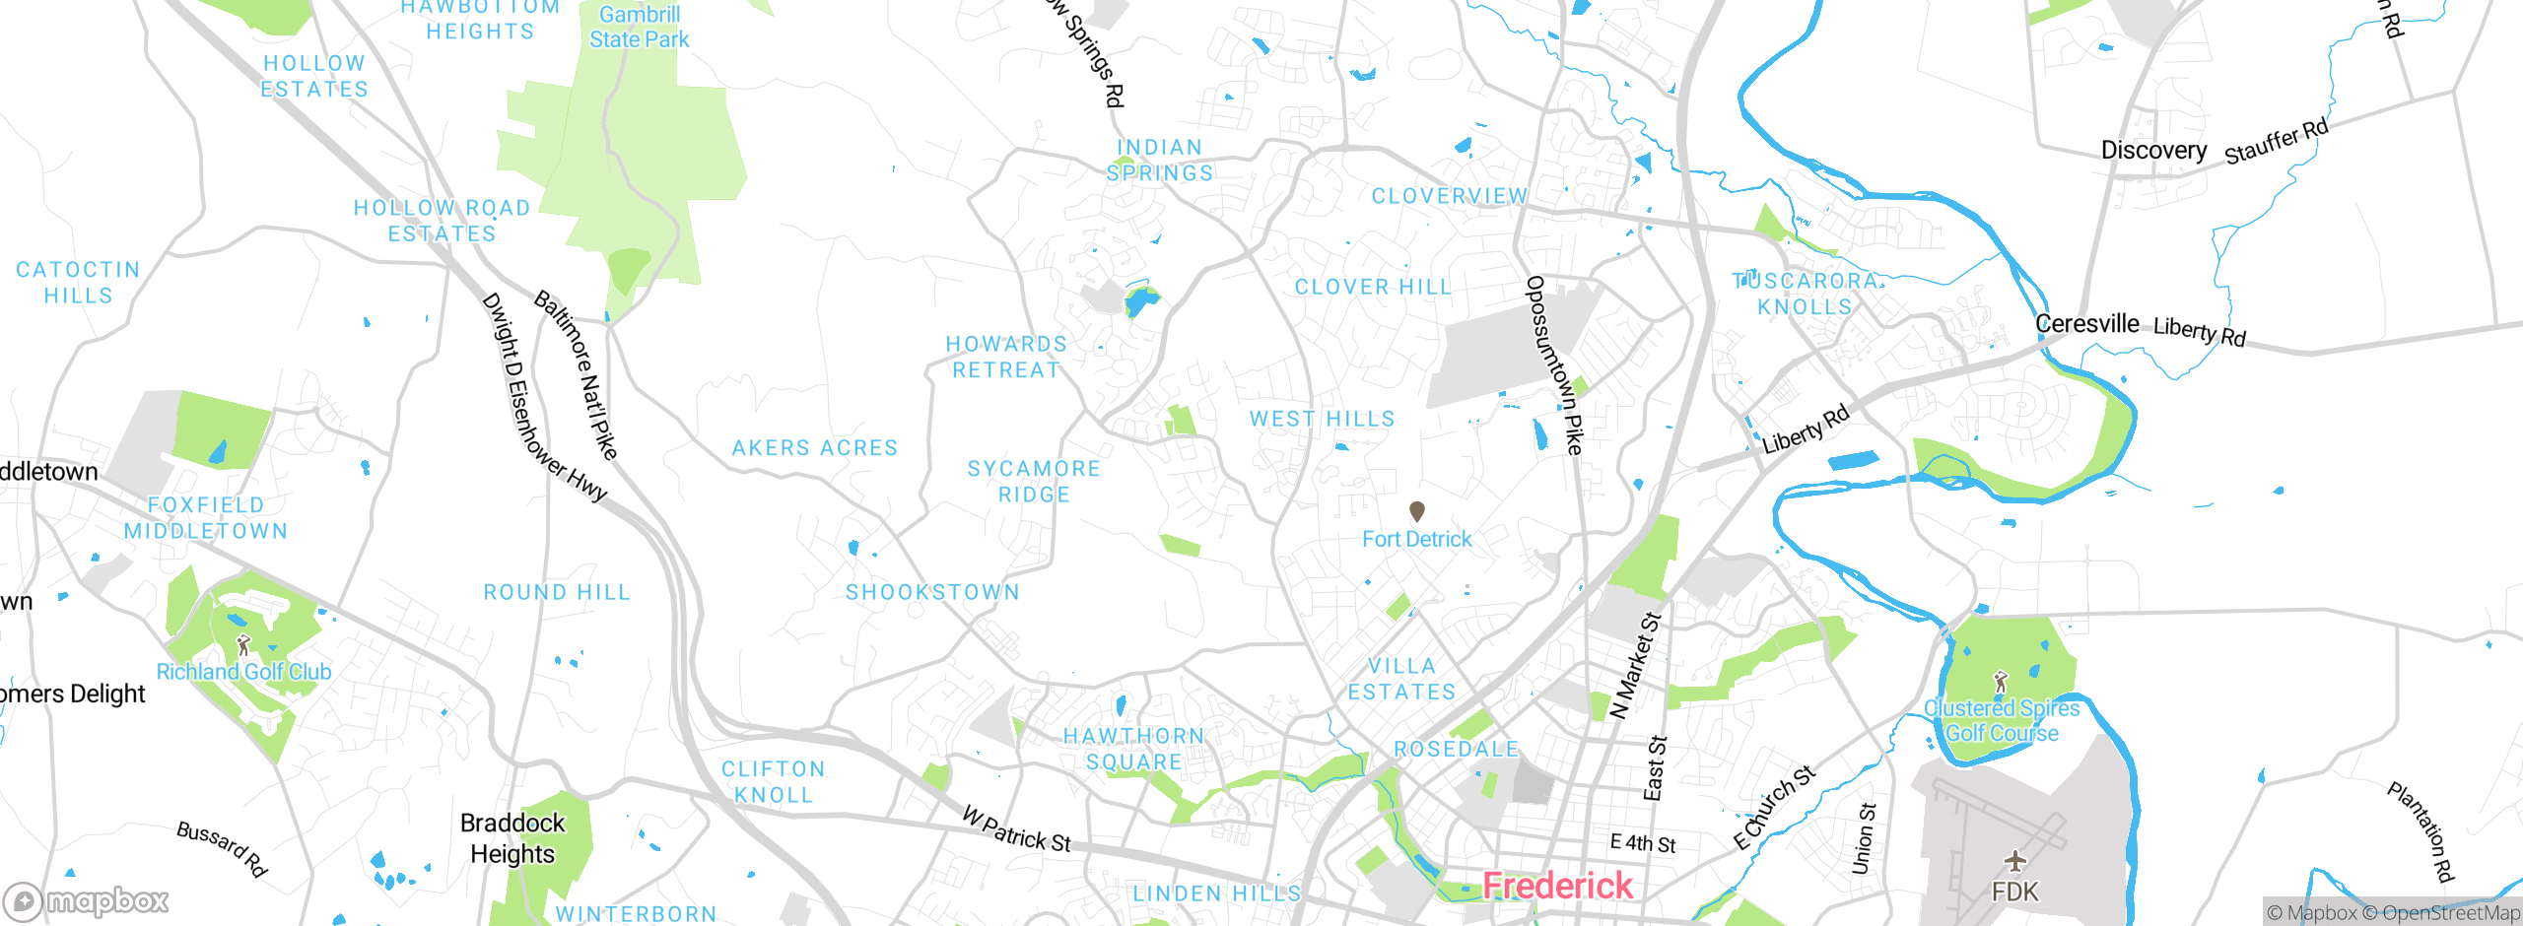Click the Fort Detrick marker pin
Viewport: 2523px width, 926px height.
pyautogui.click(x=1416, y=510)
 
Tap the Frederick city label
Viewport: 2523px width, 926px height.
pyautogui.click(x=1557, y=886)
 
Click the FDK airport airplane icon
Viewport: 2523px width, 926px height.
pyautogui.click(x=2014, y=861)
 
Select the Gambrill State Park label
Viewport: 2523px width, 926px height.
pyautogui.click(x=639, y=27)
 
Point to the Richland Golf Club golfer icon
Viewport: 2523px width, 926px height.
pyautogui.click(x=243, y=645)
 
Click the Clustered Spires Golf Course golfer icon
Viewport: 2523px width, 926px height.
pyautogui.click(x=2000, y=681)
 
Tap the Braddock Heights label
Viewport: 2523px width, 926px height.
pyautogui.click(x=512, y=838)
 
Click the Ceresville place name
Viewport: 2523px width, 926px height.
pyautogui.click(x=2086, y=324)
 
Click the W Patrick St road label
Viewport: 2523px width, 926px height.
pyautogui.click(x=1015, y=829)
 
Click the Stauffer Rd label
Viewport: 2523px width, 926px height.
pyautogui.click(x=2276, y=142)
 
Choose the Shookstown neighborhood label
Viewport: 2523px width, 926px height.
pyautogui.click(x=932, y=592)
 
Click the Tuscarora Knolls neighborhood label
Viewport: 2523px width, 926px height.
pyautogui.click(x=1806, y=294)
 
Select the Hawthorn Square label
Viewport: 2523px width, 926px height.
pyautogui.click(x=1133, y=749)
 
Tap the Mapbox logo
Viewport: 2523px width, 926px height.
pyautogui.click(x=87, y=900)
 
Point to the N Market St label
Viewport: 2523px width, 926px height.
pyautogui.click(x=1635, y=666)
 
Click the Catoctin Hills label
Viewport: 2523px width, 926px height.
pyautogui.click(x=78, y=283)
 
